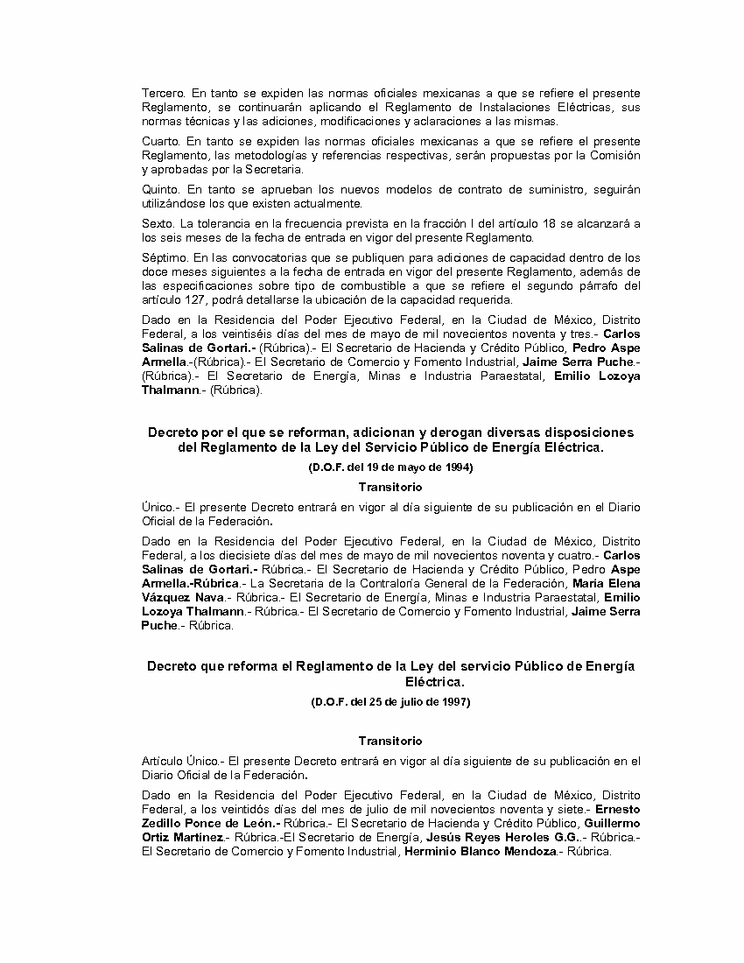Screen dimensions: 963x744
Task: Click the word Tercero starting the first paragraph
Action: [163, 93]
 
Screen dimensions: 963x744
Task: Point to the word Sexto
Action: [158, 224]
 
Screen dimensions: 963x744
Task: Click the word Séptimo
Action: [164, 257]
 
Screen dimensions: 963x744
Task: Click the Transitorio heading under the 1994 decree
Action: [390, 487]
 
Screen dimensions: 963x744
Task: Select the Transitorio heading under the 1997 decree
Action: [390, 741]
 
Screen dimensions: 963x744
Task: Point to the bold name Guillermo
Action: [611, 823]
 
